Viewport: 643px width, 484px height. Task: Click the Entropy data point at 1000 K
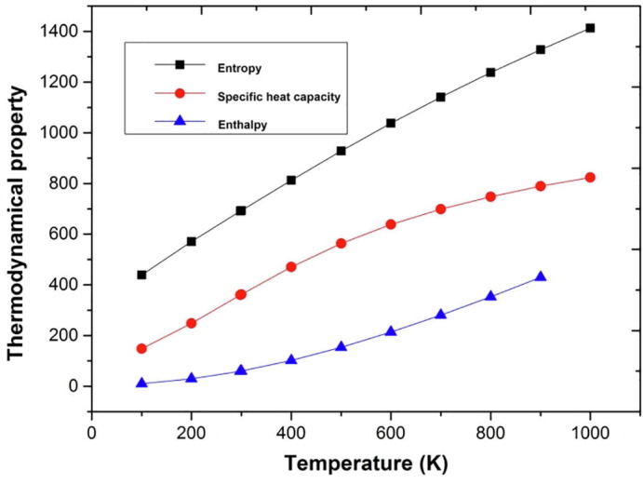coord(590,28)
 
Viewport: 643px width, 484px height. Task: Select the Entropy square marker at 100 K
coord(141,275)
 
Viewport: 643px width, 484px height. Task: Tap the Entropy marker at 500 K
coord(342,150)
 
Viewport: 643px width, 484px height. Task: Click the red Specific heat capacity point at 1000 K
coord(590,177)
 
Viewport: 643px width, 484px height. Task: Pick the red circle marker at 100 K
coord(141,348)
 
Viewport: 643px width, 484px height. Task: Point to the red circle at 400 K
coord(291,266)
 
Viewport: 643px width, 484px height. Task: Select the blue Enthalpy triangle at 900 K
coord(541,276)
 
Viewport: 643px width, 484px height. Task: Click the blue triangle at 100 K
coord(141,383)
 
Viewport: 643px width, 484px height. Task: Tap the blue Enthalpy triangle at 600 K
coord(391,330)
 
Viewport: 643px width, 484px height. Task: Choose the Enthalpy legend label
coord(240,124)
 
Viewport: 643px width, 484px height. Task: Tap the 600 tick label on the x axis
coord(390,432)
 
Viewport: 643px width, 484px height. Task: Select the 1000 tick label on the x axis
coord(589,432)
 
